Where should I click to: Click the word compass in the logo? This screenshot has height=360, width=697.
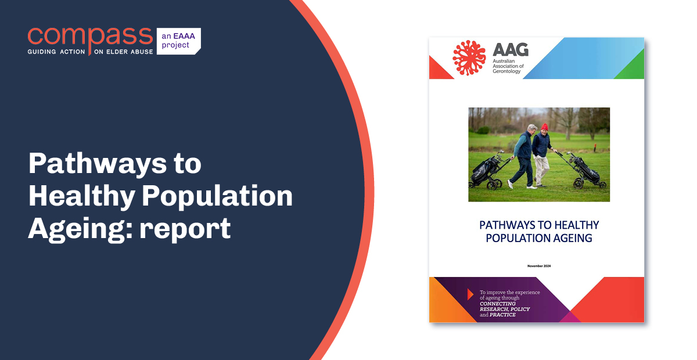point(90,37)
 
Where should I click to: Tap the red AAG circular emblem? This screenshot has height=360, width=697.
point(469,58)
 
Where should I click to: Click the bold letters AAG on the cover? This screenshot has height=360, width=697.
point(511,50)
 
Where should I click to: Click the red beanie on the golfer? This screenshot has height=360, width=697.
point(544,127)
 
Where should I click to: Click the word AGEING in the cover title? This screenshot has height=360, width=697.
point(572,238)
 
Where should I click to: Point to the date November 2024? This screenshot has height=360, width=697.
point(538,265)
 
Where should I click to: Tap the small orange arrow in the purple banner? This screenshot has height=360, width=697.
point(470,294)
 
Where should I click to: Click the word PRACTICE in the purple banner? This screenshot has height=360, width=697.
point(503,315)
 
